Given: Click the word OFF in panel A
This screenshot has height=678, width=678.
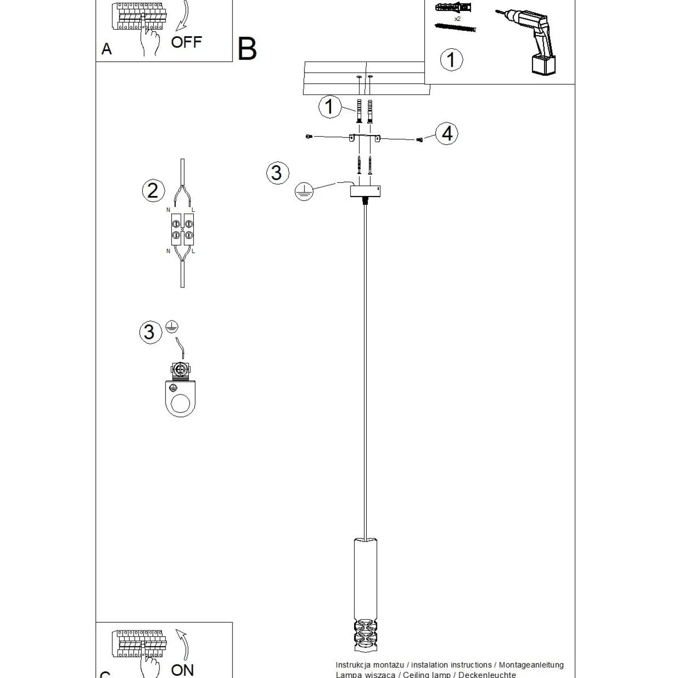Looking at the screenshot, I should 186,42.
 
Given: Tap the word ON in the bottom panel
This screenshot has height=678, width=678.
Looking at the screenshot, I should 182,670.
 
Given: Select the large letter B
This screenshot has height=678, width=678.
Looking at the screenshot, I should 247,49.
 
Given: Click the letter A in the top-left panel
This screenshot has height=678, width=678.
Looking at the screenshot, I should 107,49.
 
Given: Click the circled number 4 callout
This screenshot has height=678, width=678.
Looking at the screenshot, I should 447,133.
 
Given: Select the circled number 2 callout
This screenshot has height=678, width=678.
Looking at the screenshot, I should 153,191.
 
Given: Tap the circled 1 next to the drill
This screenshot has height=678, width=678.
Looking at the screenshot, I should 451,60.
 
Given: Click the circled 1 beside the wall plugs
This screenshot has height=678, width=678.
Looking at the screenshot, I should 329,107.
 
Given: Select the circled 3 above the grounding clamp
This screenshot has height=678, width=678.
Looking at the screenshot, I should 150,332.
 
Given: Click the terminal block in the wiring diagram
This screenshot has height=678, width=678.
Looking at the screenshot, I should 182,229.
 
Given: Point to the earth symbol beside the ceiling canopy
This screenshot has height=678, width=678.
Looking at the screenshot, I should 304,191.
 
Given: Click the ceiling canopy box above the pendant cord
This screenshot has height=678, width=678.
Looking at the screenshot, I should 365,191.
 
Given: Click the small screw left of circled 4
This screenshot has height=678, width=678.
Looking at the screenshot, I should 419,140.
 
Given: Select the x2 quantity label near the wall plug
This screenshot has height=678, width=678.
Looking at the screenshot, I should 457,19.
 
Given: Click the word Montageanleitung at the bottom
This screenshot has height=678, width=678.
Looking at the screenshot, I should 531,665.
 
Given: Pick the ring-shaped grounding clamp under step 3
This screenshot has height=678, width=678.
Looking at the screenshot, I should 181,398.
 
